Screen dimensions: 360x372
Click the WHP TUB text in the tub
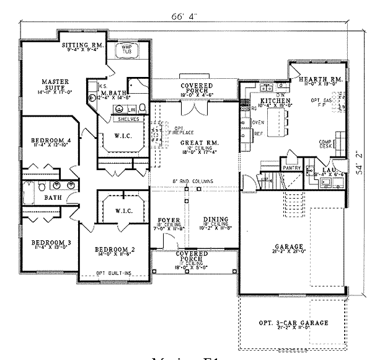tap(127, 49)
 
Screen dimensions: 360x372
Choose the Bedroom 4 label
tap(51, 142)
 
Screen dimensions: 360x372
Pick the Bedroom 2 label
tap(115, 250)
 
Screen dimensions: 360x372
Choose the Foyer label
tap(168, 220)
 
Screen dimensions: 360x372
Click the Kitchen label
tap(275, 100)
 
